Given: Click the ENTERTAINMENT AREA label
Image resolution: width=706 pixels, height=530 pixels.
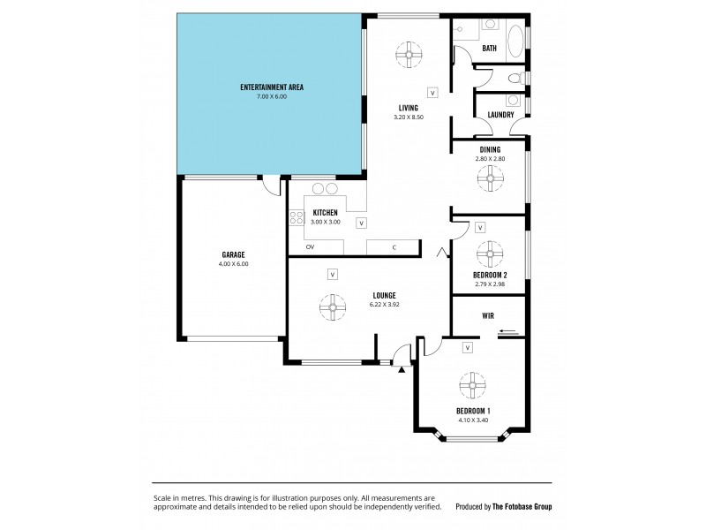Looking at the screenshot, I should point(272,87).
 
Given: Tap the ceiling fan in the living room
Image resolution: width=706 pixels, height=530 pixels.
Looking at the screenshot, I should point(407,54).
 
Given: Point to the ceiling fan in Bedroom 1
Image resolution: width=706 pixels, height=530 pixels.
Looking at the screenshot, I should point(473,386).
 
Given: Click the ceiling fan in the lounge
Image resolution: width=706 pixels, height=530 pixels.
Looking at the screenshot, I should point(333,309).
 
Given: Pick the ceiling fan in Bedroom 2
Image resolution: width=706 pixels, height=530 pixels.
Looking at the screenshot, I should point(490,254).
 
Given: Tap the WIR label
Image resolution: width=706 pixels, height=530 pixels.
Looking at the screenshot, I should point(487,315).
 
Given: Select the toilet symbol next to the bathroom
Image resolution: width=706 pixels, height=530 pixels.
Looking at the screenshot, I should point(521,79).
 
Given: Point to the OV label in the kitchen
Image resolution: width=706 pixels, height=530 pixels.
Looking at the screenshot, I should point(311,246).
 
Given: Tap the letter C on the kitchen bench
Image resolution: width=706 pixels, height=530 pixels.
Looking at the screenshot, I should point(394,246).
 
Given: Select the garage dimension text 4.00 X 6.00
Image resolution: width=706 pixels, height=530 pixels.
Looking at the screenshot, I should point(234,263).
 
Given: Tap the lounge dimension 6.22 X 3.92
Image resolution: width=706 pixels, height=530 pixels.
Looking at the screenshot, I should point(384,305).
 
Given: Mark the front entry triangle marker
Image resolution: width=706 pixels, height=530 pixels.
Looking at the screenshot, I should point(401,370).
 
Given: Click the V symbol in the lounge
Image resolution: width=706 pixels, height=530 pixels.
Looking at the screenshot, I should point(332,274).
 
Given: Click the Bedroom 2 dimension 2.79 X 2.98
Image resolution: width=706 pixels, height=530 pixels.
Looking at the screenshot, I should point(490,284).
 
